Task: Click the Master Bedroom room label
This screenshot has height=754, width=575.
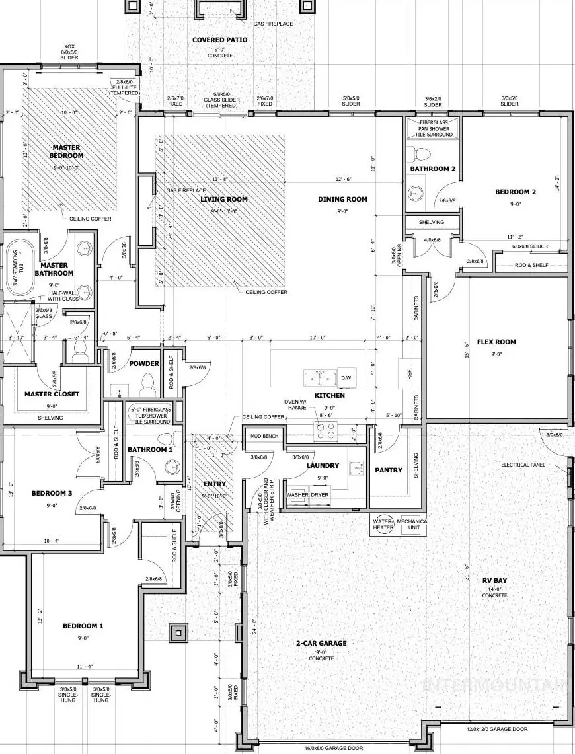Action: (66, 151)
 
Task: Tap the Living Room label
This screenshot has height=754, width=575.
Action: (224, 199)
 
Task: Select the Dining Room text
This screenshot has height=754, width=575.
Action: (342, 199)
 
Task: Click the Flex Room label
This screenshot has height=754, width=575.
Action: (496, 342)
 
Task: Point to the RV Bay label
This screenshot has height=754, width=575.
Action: (494, 580)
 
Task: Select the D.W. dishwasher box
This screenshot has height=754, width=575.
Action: (346, 378)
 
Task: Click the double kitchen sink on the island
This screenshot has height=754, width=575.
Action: (319, 378)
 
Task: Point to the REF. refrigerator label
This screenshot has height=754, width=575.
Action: (410, 374)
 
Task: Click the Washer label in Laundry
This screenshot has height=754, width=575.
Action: (297, 494)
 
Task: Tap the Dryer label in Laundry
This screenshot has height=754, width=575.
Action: (321, 494)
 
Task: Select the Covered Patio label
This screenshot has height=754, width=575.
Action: (220, 40)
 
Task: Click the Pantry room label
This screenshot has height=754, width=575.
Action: (388, 471)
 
